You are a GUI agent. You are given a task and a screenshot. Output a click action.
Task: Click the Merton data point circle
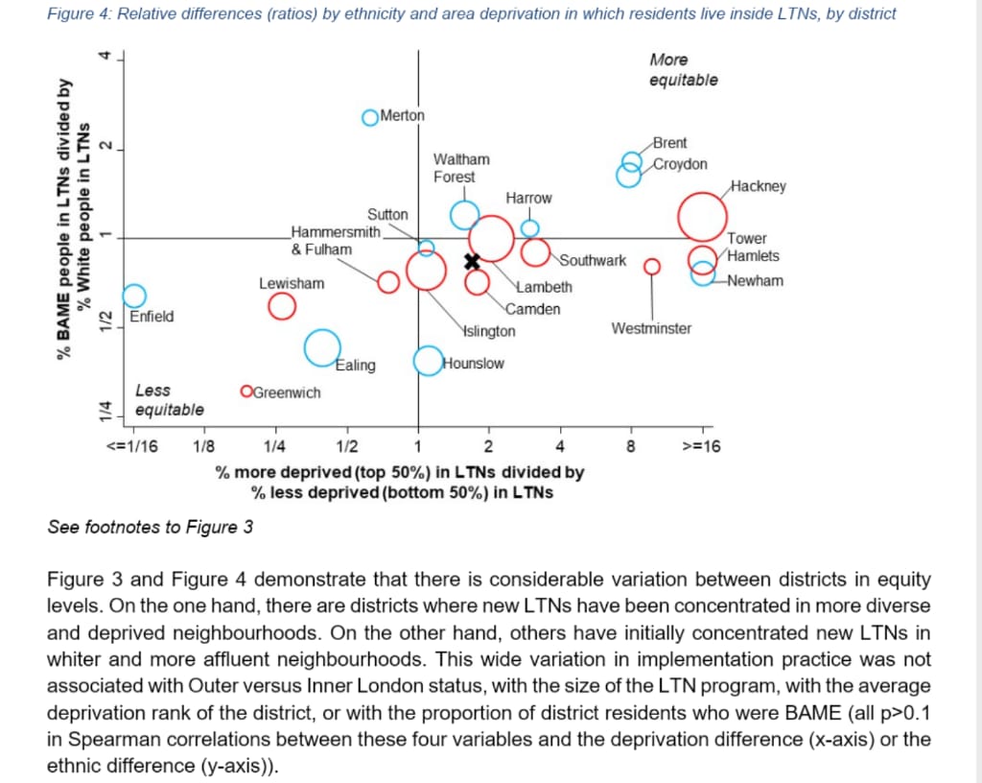pyautogui.click(x=370, y=117)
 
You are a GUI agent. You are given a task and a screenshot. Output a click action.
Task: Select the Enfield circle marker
pyautogui.click(x=134, y=296)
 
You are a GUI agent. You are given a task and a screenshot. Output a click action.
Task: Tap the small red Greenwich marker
pyautogui.click(x=246, y=391)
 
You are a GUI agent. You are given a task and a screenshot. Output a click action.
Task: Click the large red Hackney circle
pyautogui.click(x=703, y=217)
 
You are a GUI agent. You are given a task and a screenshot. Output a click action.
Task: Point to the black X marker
pyautogui.click(x=472, y=261)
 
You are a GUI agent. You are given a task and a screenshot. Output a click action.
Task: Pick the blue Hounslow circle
pyautogui.click(x=429, y=361)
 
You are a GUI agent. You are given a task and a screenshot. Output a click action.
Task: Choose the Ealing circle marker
pyautogui.click(x=322, y=347)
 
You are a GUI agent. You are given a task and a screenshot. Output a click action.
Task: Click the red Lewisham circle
pyautogui.click(x=281, y=306)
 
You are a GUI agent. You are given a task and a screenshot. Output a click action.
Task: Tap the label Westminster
pyautogui.click(x=651, y=329)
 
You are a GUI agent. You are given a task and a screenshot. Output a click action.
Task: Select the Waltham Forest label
pyautogui.click(x=461, y=167)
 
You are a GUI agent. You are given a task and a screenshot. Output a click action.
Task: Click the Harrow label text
pyautogui.click(x=528, y=198)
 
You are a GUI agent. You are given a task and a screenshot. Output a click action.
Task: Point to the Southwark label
pyautogui.click(x=594, y=260)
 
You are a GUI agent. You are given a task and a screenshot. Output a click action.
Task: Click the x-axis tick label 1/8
pyautogui.click(x=204, y=445)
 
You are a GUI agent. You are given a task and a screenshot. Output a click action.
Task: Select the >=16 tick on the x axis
pyautogui.click(x=701, y=445)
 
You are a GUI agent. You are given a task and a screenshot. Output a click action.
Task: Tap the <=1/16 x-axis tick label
pyautogui.click(x=132, y=445)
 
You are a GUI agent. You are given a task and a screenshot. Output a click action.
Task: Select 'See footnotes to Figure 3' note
pyautogui.click(x=151, y=527)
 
